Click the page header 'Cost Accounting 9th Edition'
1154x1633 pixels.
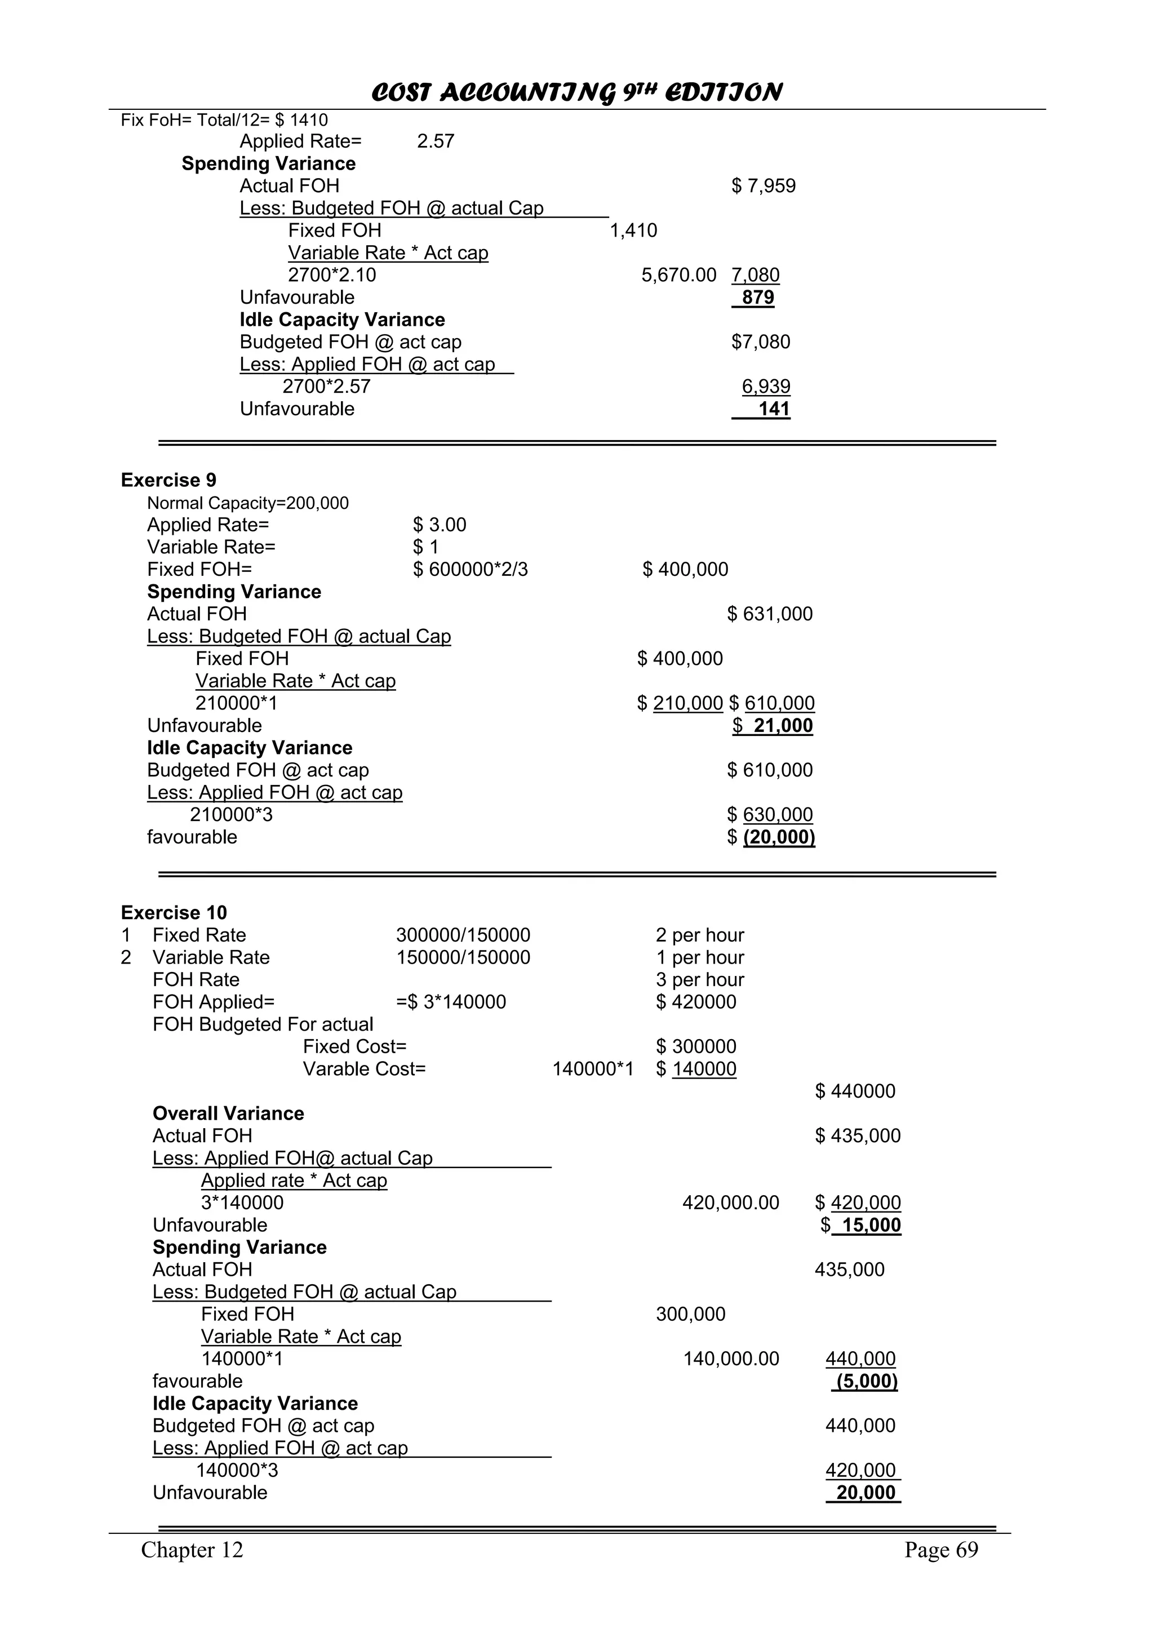(576, 92)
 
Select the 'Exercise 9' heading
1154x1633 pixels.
(168, 480)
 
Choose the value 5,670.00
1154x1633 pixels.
(678, 275)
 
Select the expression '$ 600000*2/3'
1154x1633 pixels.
(470, 569)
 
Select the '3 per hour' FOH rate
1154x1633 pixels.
(700, 979)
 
